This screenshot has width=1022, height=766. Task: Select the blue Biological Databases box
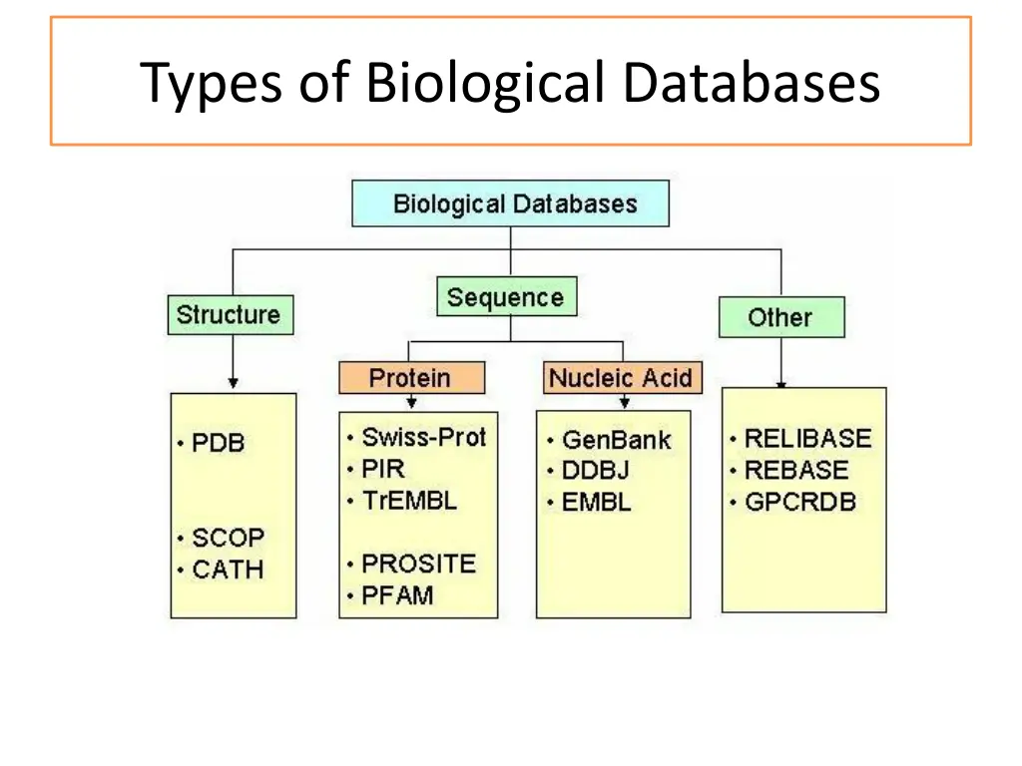510,203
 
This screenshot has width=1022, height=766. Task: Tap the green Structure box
230,315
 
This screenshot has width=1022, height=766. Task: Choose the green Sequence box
506,297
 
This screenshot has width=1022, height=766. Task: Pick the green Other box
780,317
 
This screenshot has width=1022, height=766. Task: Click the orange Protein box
411,378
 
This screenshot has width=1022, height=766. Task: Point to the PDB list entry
218,443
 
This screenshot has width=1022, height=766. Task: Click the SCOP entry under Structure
227,538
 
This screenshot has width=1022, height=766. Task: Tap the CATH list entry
227,571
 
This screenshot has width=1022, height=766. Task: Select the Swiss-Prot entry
423,437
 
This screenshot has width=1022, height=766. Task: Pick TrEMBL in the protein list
408,501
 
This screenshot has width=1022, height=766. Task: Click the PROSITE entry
418,564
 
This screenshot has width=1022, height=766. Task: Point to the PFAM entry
397,595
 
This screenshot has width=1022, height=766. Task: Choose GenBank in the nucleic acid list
616,440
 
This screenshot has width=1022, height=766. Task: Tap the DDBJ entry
595,471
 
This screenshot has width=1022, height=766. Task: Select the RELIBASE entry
806,439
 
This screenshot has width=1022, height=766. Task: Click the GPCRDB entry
799,502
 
